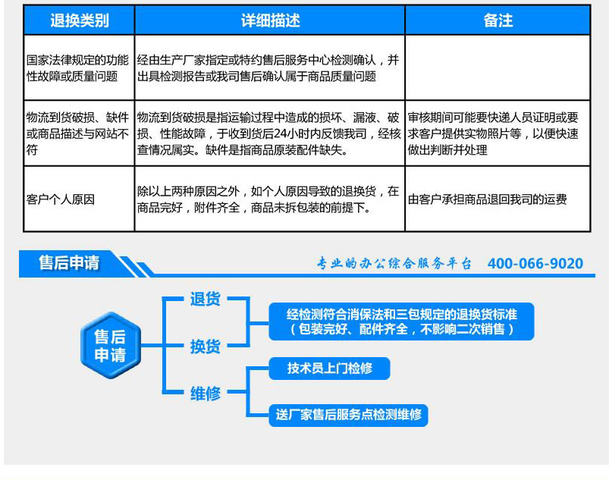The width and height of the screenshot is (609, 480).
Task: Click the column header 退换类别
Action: [79, 20]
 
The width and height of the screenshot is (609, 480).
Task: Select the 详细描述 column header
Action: [270, 20]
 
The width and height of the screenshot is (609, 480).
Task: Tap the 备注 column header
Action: [498, 20]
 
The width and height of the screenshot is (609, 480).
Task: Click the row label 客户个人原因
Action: [61, 199]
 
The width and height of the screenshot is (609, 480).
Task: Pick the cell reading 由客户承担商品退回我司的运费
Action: [488, 199]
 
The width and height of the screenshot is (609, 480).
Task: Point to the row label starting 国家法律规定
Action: [77, 68]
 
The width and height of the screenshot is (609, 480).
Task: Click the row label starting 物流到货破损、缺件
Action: [77, 133]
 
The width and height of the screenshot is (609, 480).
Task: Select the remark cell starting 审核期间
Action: [493, 133]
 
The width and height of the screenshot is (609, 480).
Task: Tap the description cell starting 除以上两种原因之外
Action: [268, 199]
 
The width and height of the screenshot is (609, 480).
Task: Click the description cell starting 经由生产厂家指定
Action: [268, 68]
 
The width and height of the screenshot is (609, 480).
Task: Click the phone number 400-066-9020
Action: [535, 263]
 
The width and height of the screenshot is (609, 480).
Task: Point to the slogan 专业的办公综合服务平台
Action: [394, 263]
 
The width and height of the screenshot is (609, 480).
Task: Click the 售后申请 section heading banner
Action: [69, 263]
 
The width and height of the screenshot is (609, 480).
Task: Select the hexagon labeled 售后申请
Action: [110, 345]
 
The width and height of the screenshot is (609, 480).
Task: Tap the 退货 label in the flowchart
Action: [205, 299]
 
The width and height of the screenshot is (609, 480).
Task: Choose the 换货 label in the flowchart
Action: [205, 347]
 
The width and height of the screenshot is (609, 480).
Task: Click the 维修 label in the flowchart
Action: [205, 394]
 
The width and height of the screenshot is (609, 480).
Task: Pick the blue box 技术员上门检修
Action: [329, 369]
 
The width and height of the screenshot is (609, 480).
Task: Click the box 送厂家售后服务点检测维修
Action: [348, 415]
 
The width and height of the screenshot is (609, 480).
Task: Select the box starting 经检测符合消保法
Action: [402, 322]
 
